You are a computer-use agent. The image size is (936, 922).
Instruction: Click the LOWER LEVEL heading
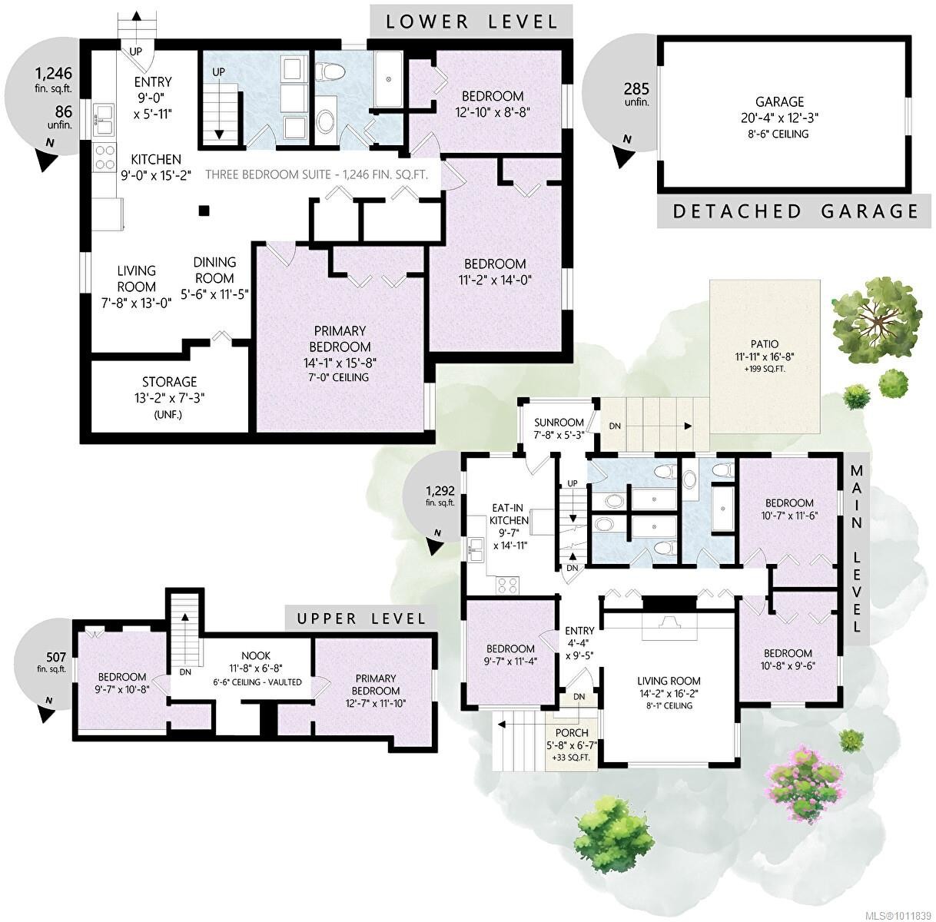pos(471,21)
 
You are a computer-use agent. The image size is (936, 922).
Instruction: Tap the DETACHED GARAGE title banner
pos(795,211)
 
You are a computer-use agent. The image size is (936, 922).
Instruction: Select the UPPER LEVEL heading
pos(360,618)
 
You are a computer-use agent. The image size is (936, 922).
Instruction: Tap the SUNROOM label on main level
pos(559,428)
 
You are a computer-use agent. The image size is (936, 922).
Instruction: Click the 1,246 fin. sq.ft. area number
pos(54,75)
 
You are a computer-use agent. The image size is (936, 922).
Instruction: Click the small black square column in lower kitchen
pos(203,210)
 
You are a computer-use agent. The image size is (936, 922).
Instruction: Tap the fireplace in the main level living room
pos(668,622)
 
